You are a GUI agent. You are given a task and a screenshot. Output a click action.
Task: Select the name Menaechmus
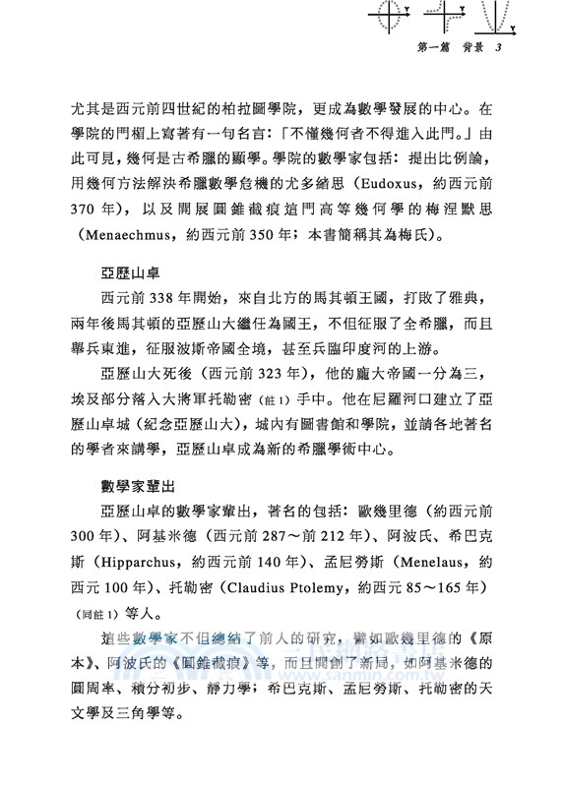click(x=112, y=236)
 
